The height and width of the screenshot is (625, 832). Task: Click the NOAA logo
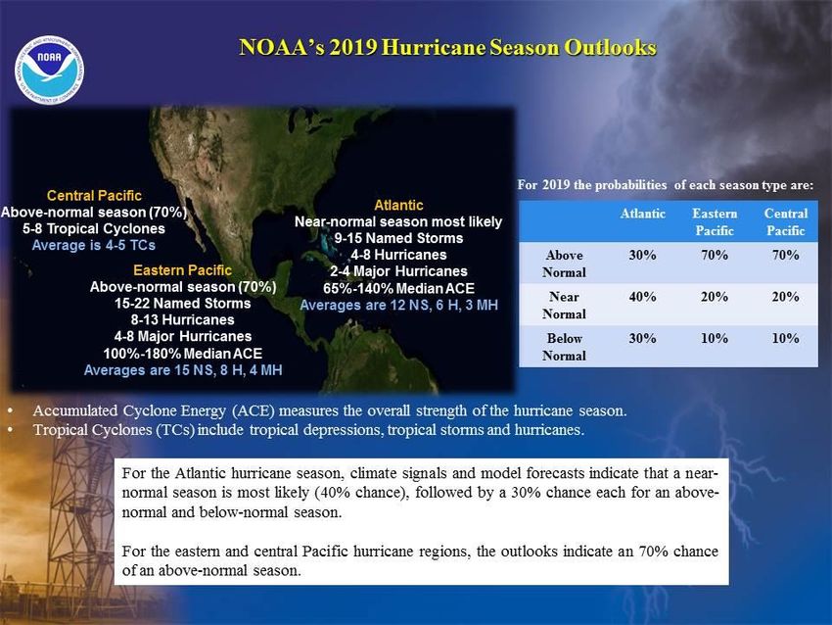pyautogui.click(x=49, y=70)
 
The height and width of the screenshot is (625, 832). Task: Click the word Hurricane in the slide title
pyautogui.click(x=433, y=47)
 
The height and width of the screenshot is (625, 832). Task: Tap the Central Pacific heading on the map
pyautogui.click(x=94, y=195)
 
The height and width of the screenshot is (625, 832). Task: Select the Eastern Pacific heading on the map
pyautogui.click(x=182, y=270)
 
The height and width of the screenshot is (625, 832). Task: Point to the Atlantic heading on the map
pyautogui.click(x=398, y=205)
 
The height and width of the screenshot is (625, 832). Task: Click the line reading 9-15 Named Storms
pyautogui.click(x=398, y=238)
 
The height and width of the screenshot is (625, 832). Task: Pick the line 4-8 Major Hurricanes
pyautogui.click(x=182, y=336)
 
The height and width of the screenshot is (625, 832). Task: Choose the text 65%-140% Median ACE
pyautogui.click(x=398, y=288)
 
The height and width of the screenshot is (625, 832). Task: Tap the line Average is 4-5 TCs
pyautogui.click(x=93, y=245)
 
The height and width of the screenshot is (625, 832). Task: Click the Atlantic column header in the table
pyautogui.click(x=642, y=214)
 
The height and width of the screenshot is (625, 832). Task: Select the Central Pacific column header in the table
pyautogui.click(x=786, y=222)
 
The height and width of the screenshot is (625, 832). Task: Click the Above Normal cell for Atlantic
pyautogui.click(x=642, y=255)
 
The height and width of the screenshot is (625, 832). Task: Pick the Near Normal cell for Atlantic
pyautogui.click(x=642, y=296)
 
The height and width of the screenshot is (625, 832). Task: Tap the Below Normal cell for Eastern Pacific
pyautogui.click(x=715, y=338)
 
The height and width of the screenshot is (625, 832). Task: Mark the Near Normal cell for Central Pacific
pyautogui.click(x=785, y=296)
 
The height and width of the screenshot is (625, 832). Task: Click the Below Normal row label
pyautogui.click(x=564, y=347)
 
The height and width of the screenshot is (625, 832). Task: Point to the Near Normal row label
pyautogui.click(x=564, y=306)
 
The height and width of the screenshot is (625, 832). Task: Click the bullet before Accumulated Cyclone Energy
pyautogui.click(x=10, y=411)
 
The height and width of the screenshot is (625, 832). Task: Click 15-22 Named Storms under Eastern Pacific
pyautogui.click(x=182, y=304)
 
